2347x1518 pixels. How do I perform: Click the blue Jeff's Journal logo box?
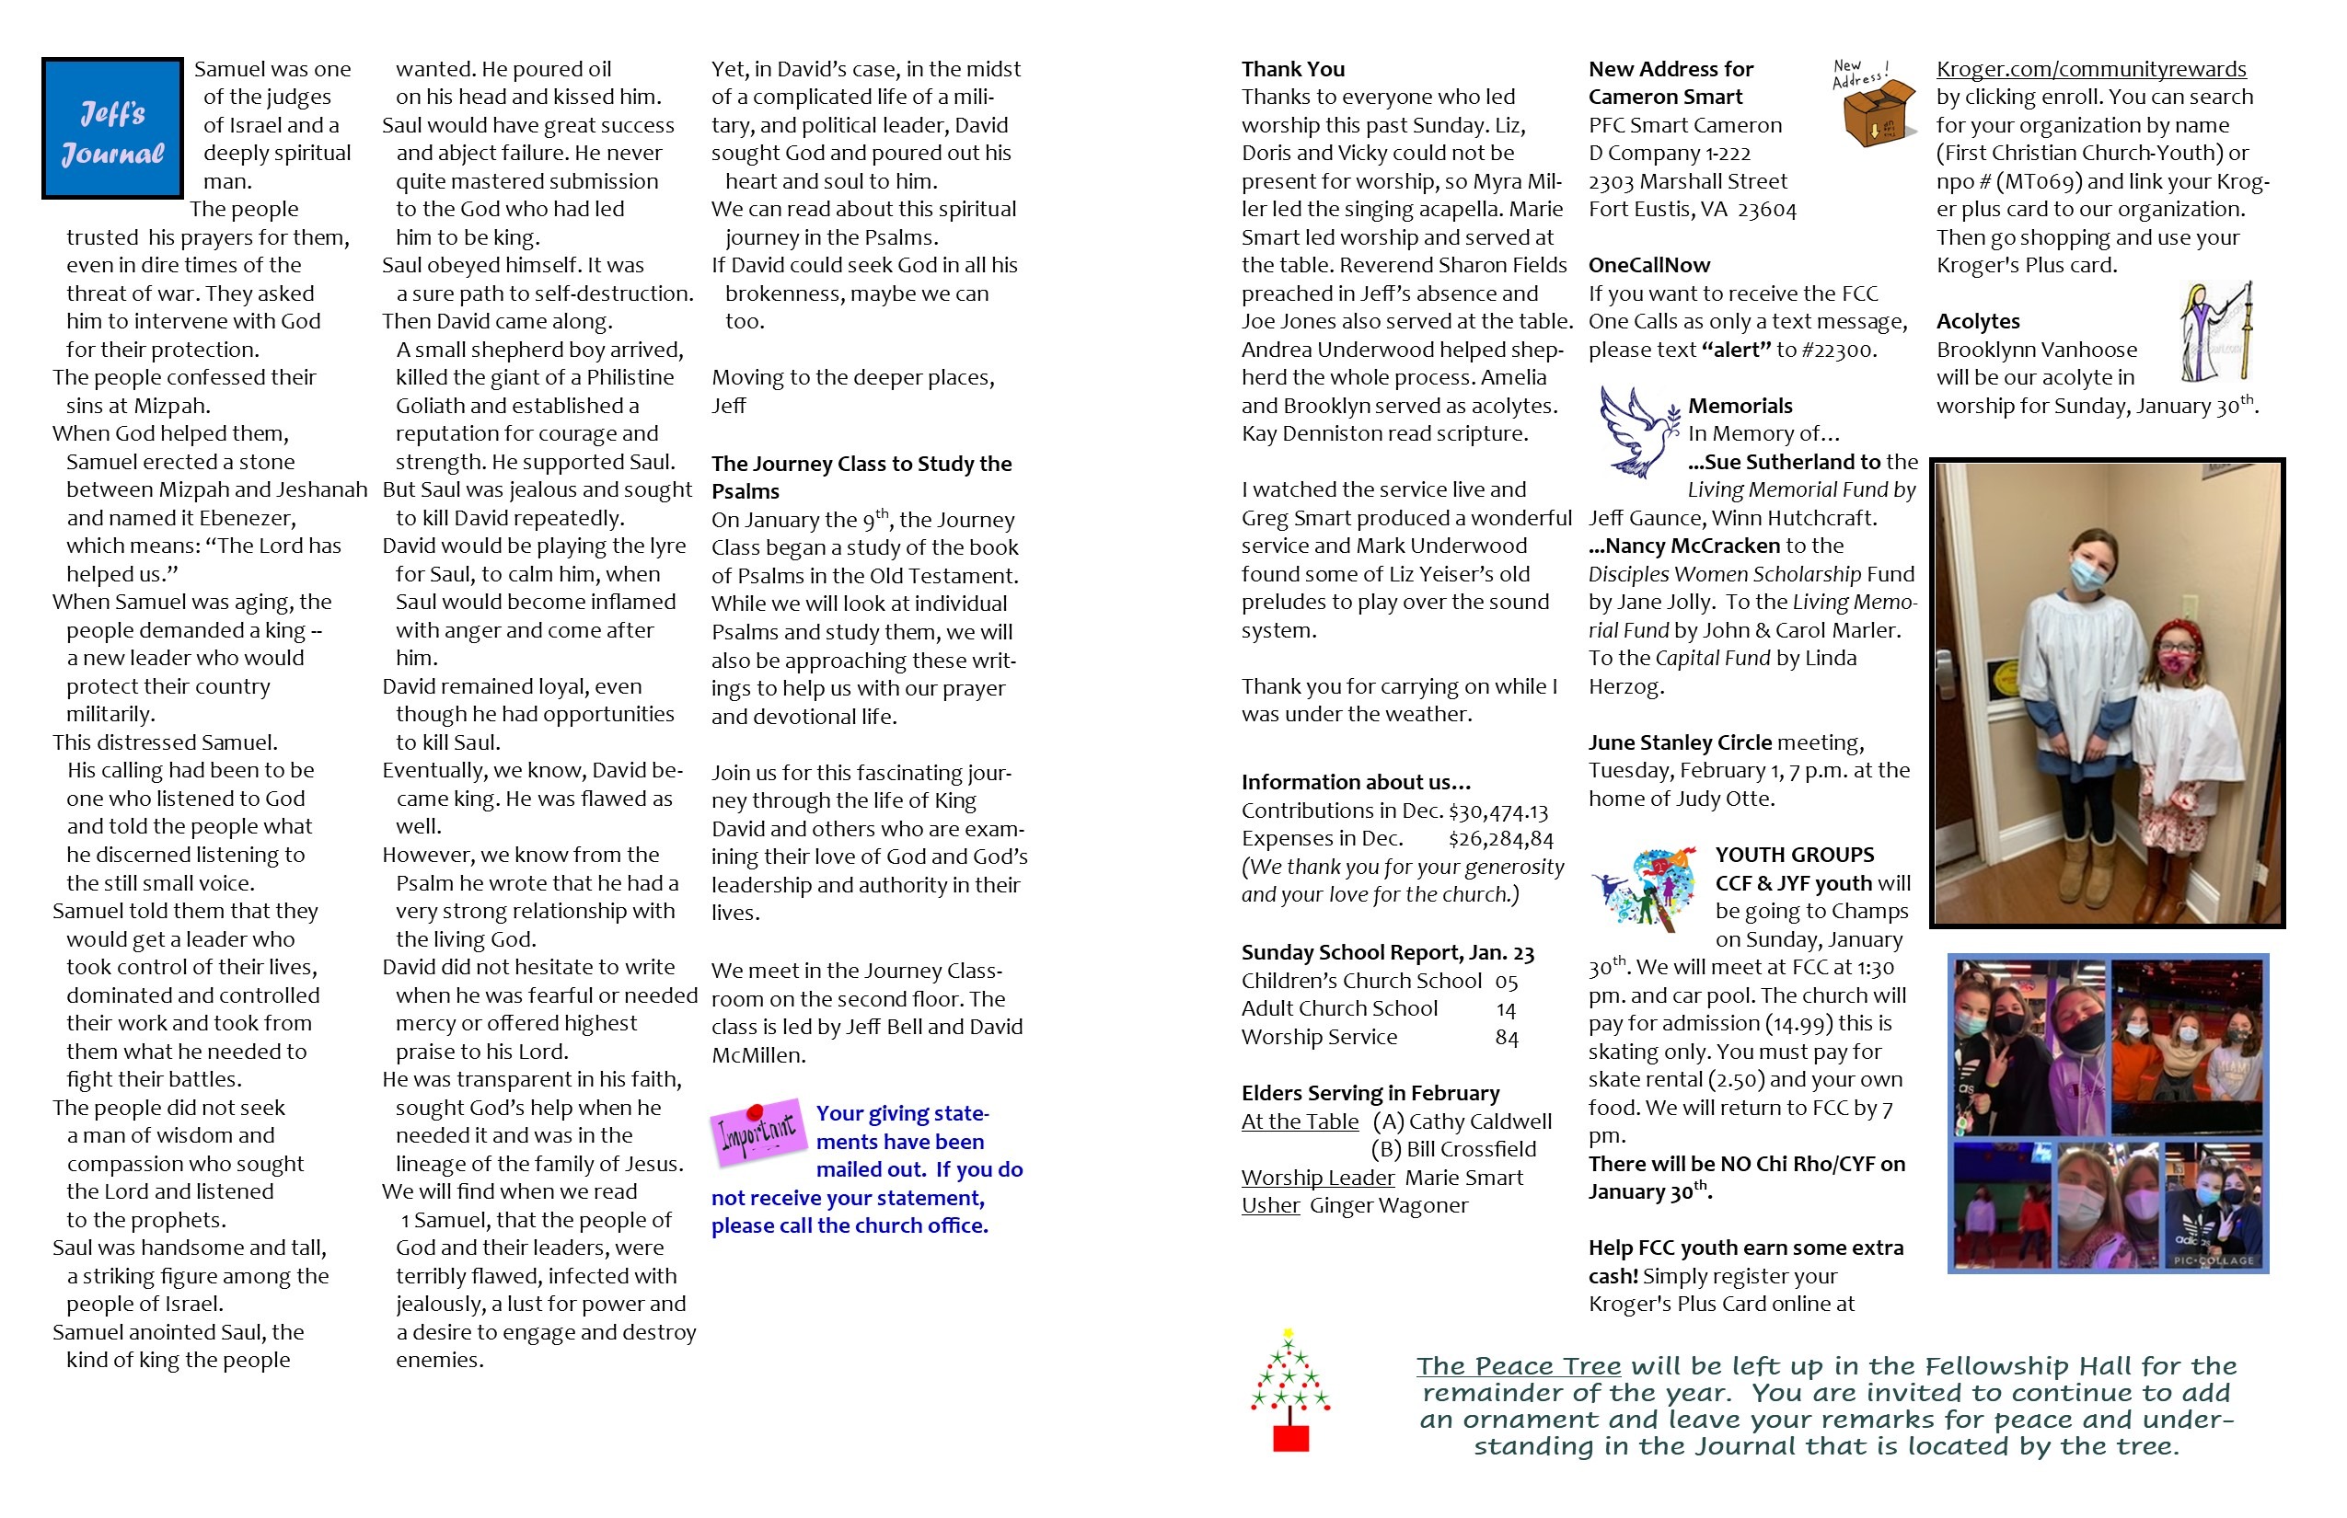point(112,128)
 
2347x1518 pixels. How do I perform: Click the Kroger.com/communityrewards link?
point(2090,69)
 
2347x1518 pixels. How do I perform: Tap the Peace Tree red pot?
point(1289,1438)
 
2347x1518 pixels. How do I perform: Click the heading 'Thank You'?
point(1293,69)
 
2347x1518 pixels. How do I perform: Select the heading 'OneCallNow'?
point(1648,265)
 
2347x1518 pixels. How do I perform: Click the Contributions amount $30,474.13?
point(1498,811)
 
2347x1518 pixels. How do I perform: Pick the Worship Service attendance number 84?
point(1506,1038)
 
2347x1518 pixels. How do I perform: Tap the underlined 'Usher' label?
point(1270,1205)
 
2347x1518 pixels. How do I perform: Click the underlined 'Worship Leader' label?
point(1317,1178)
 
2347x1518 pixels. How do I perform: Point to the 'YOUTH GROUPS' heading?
point(1794,855)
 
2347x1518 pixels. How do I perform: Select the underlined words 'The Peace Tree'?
point(1519,1366)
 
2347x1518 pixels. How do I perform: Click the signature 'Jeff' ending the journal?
point(729,406)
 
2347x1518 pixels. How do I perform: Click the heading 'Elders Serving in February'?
point(1370,1093)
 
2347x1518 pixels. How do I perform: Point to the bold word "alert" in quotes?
point(1736,350)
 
